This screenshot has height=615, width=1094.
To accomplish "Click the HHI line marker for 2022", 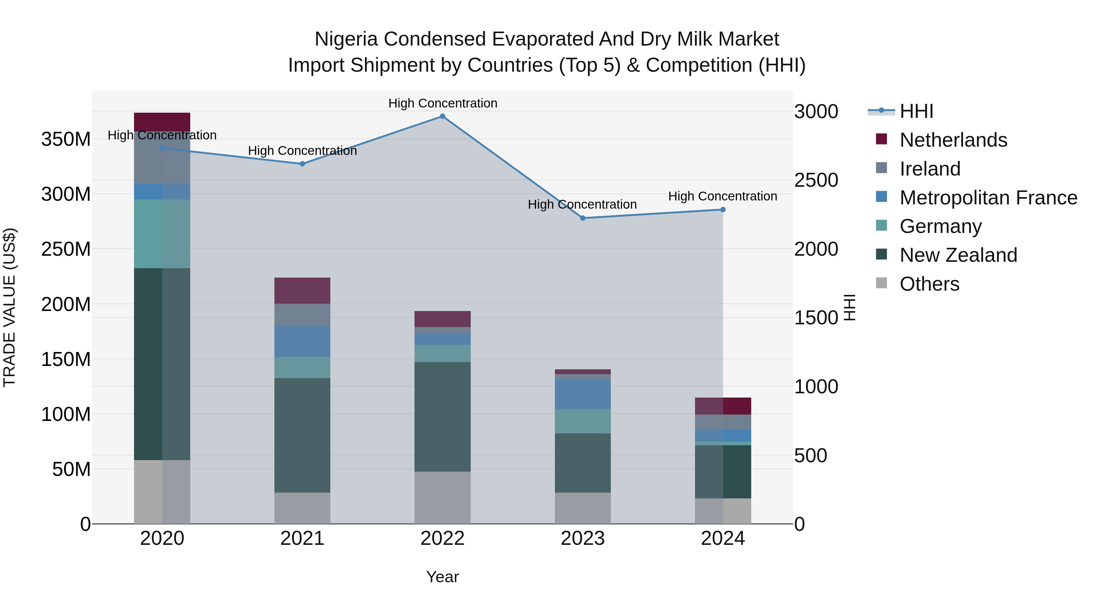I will click(x=442, y=116).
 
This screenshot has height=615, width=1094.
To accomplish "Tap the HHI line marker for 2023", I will click(x=583, y=218).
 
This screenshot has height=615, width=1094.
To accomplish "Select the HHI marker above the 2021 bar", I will click(x=302, y=164).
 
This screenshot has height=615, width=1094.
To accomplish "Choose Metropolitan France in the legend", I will click(x=988, y=198).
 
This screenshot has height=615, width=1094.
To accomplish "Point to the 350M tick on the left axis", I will click(x=66, y=139).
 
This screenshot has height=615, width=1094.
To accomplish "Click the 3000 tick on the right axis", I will click(x=816, y=112).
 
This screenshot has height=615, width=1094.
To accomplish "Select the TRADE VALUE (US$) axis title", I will click(x=9, y=307).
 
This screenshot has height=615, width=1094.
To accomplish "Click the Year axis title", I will click(x=442, y=577).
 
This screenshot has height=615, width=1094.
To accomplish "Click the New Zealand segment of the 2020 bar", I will click(x=162, y=364).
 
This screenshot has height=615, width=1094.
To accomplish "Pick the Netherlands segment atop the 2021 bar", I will click(x=302, y=290).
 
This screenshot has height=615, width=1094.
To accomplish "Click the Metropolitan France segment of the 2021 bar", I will click(x=302, y=341).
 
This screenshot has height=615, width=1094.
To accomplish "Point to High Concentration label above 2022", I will click(x=442, y=103).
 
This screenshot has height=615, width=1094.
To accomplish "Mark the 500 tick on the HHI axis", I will click(x=810, y=456).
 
